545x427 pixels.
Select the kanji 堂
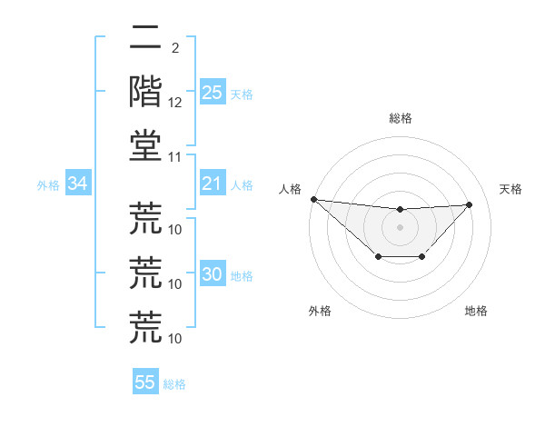[146, 145]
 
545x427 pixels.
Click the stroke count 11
[176, 157]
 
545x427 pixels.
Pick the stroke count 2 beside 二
[175, 48]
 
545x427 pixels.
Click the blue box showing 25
[212, 92]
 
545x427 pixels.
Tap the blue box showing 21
[212, 184]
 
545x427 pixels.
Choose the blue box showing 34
[77, 184]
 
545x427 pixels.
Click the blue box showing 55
[145, 382]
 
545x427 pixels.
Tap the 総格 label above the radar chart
[400, 118]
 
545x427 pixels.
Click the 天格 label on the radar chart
[511, 189]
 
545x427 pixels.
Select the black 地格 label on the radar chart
[476, 311]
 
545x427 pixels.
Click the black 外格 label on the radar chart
[320, 311]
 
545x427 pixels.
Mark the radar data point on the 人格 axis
[313, 199]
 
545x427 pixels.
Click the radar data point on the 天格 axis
[470, 204]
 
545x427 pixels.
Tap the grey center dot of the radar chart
[400, 227]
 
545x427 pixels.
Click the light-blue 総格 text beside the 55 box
[175, 384]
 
